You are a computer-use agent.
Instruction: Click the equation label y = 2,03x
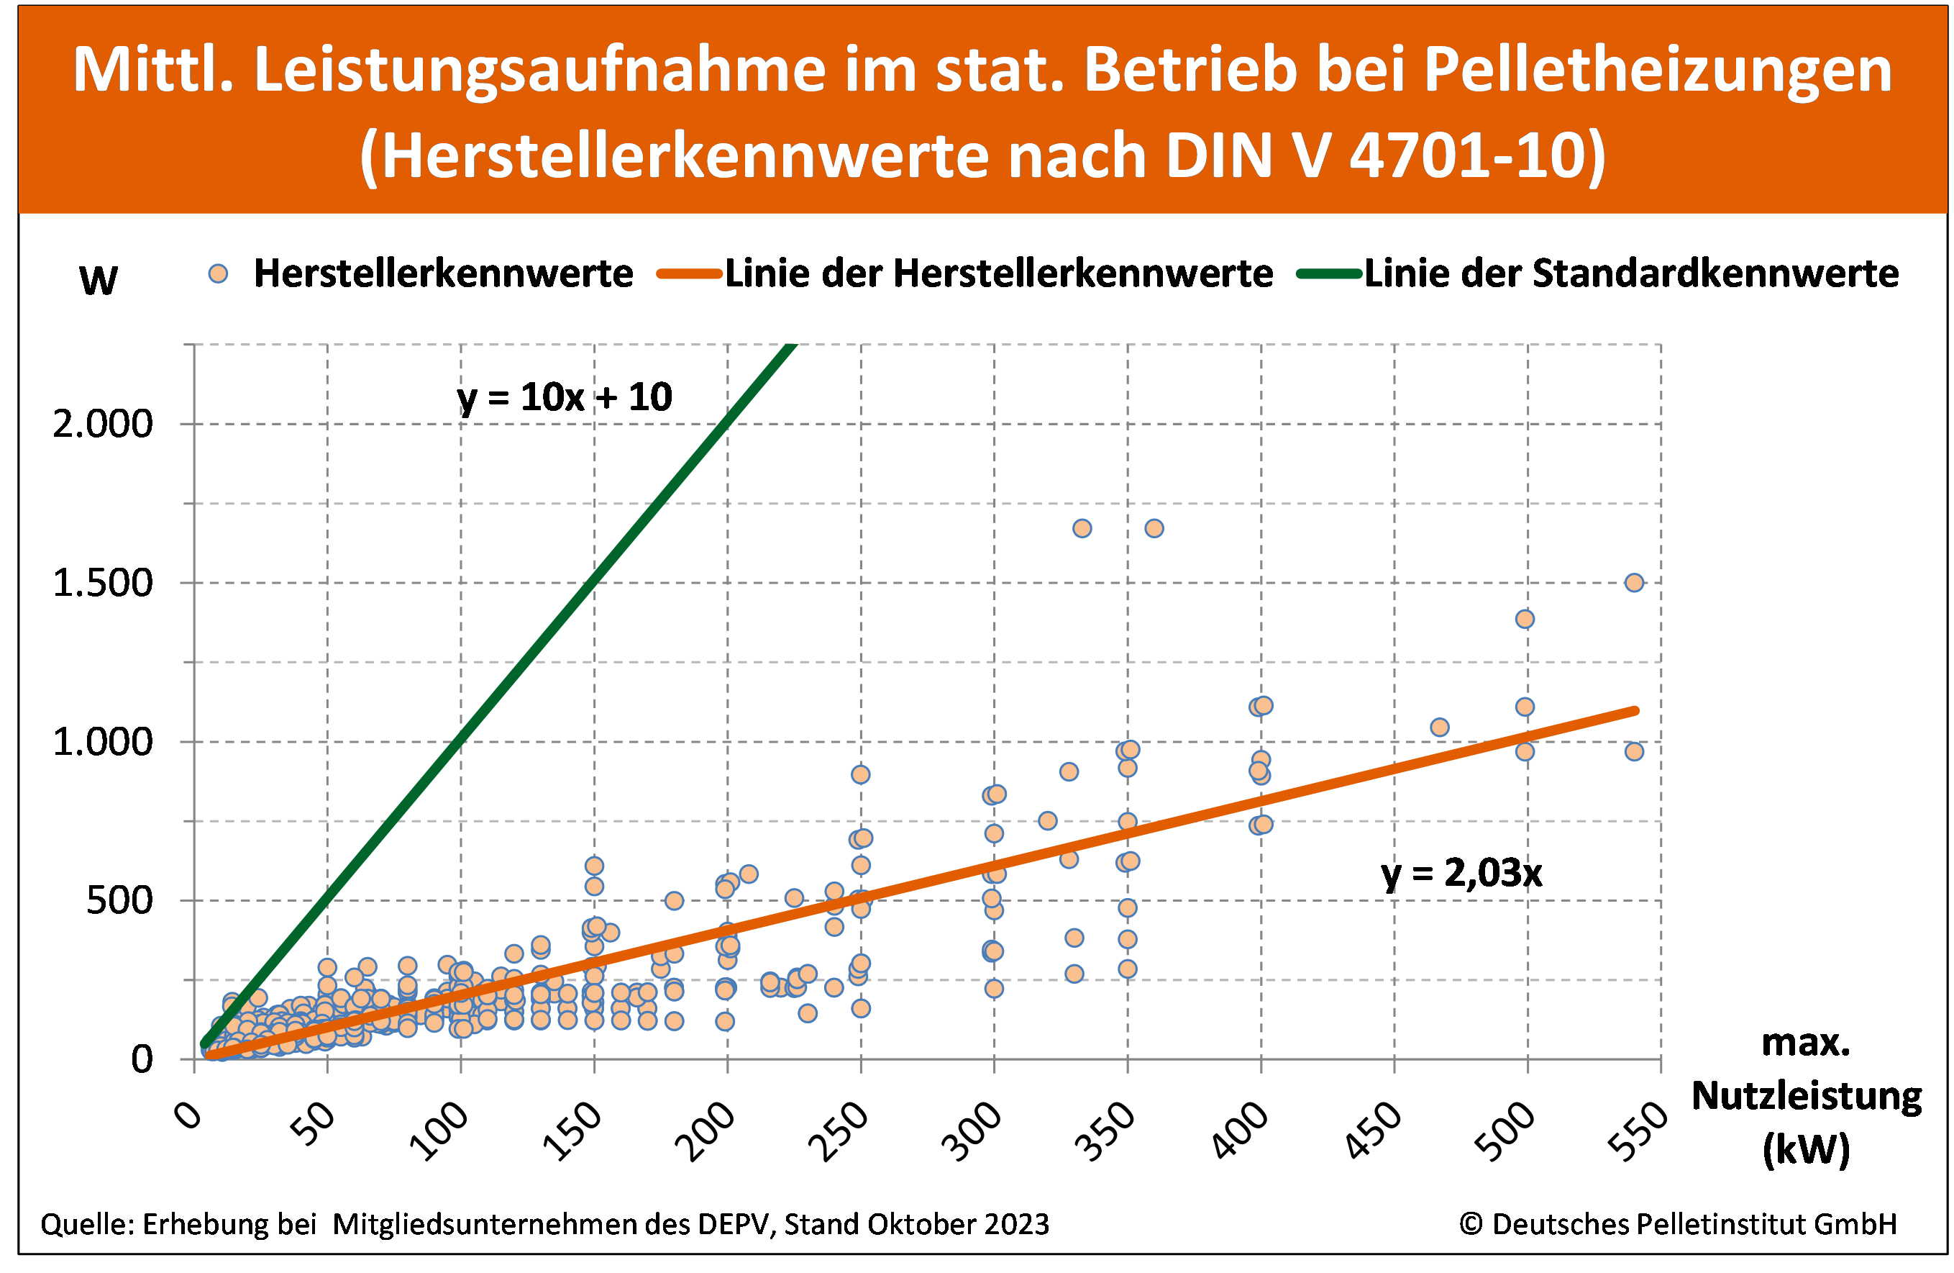pyautogui.click(x=1462, y=873)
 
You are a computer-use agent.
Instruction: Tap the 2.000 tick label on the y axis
pyautogui.click(x=104, y=425)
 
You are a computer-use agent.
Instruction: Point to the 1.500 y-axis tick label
pyautogui.click(x=104, y=583)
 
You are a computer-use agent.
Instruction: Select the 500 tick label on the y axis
pyautogui.click(x=120, y=901)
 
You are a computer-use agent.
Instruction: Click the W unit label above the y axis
pyautogui.click(x=99, y=281)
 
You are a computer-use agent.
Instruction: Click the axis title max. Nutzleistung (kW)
pyautogui.click(x=1807, y=1097)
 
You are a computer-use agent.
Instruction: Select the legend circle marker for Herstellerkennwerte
pyautogui.click(x=219, y=273)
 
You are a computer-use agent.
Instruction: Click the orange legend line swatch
pyautogui.click(x=690, y=273)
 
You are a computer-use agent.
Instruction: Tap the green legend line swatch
pyautogui.click(x=1329, y=273)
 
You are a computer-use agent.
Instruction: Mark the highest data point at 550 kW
pyautogui.click(x=1635, y=582)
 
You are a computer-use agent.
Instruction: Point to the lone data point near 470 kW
pyautogui.click(x=1439, y=727)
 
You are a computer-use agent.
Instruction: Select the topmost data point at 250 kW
pyautogui.click(x=860, y=774)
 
